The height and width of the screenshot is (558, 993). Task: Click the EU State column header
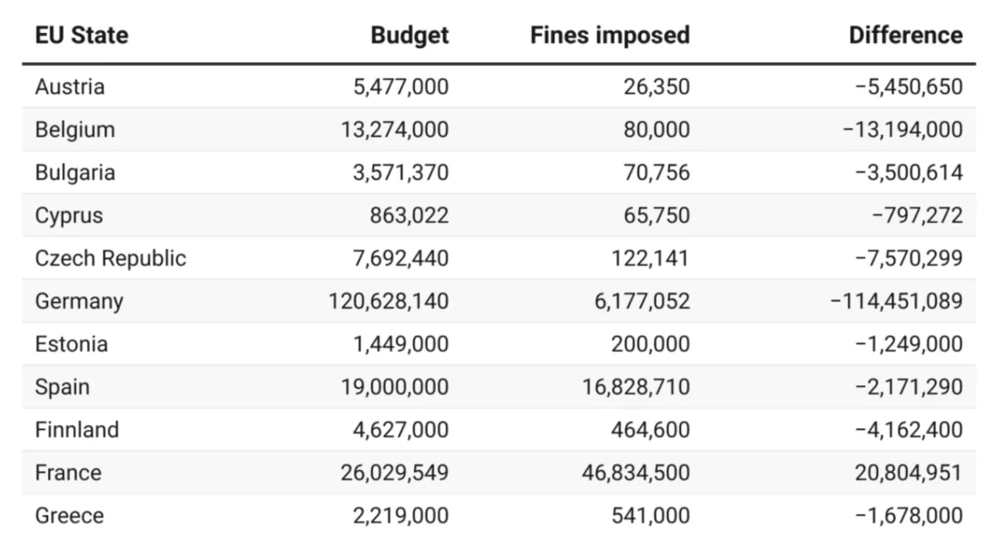click(81, 36)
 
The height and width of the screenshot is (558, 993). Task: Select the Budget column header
click(410, 36)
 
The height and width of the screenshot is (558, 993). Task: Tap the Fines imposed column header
click(610, 36)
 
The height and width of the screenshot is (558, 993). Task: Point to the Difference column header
click(906, 36)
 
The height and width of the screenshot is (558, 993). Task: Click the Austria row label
click(70, 87)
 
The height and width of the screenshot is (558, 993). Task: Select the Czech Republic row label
click(110, 259)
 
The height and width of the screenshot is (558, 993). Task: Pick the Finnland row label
click(77, 430)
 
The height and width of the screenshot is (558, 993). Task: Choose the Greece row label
click(70, 516)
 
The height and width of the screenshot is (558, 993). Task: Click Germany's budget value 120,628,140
click(389, 302)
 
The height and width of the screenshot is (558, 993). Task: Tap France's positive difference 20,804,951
click(909, 473)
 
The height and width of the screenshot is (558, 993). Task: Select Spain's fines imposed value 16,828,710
click(636, 387)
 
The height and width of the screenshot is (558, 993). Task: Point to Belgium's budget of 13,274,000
click(395, 130)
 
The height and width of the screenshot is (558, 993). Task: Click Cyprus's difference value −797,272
click(917, 216)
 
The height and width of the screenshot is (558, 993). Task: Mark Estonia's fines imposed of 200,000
click(650, 344)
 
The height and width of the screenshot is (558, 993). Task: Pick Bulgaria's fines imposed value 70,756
click(658, 173)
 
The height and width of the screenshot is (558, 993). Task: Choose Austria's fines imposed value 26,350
click(658, 87)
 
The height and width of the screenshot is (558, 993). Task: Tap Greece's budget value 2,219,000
click(401, 516)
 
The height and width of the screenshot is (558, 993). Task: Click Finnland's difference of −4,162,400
click(909, 430)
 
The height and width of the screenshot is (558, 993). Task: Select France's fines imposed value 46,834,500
click(636, 473)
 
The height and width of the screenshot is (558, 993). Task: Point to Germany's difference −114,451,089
click(896, 302)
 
